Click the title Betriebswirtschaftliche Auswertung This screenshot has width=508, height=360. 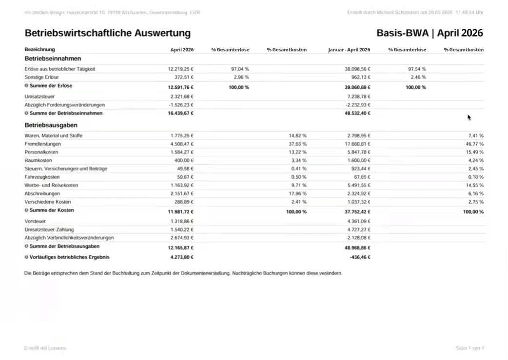pos(107,33)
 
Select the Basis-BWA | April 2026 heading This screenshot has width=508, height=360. pos(430,33)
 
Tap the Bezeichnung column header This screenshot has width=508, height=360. pos(39,50)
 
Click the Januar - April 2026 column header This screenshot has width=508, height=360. pos(349,50)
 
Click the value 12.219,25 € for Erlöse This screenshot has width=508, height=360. pos(180,69)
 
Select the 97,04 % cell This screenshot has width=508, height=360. pos(240,69)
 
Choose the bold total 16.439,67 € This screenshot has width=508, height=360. pos(180,113)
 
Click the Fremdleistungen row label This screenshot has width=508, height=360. pos(42,144)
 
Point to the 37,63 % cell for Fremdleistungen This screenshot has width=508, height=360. pos(297,144)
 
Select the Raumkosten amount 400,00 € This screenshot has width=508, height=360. pos(185,160)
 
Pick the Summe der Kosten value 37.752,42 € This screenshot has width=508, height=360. pos(357,212)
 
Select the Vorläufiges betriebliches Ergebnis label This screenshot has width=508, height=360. pos(69,257)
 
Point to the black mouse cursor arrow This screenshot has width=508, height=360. pos(469,117)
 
